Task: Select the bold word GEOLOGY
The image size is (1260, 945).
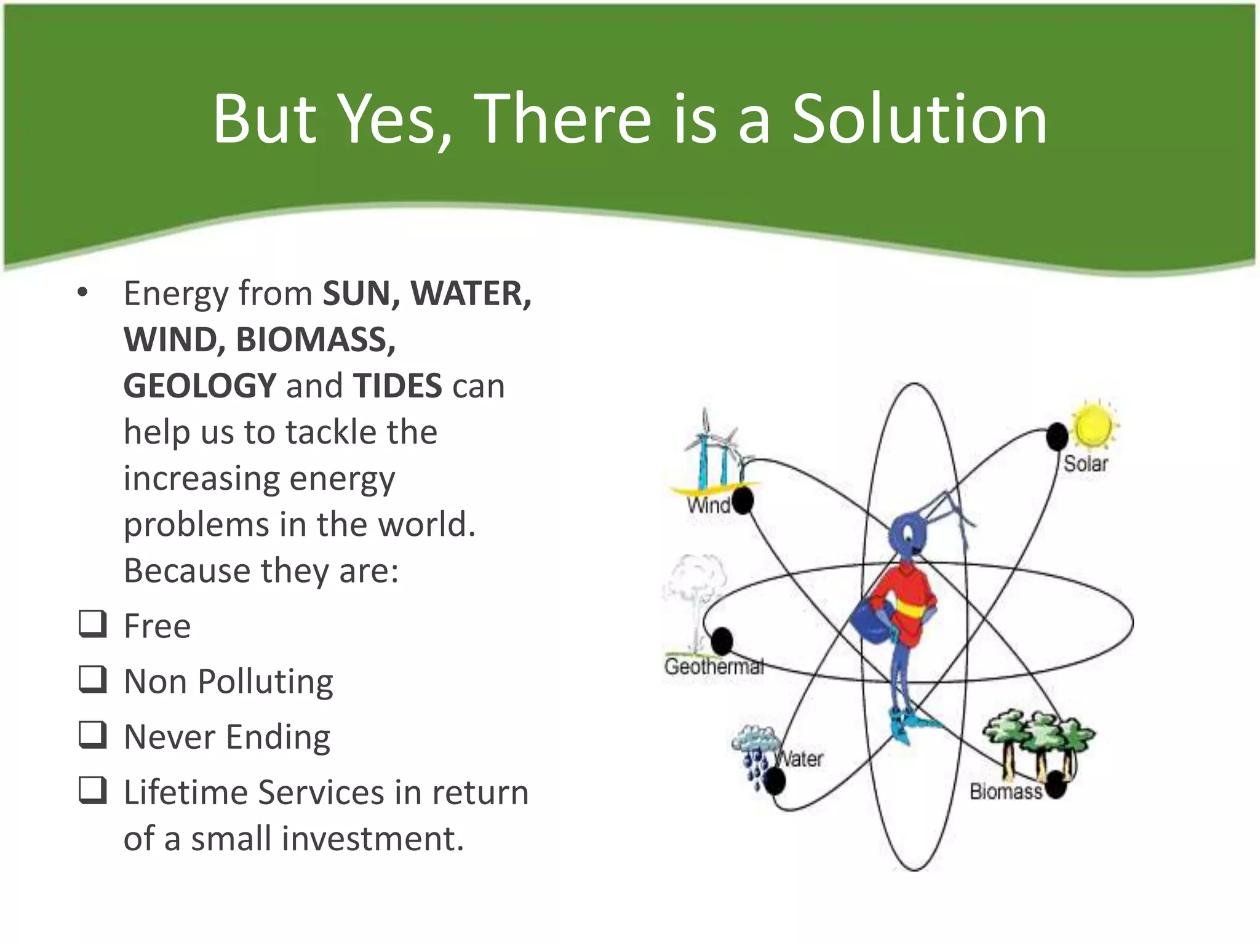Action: click(200, 386)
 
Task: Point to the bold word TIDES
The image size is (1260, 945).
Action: click(397, 386)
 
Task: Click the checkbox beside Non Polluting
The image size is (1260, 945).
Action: click(93, 679)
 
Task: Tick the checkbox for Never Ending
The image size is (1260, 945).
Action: click(93, 735)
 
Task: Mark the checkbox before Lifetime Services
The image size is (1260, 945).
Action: click(93, 790)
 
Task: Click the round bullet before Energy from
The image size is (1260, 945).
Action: click(82, 293)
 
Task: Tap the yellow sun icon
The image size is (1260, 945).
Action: click(1093, 425)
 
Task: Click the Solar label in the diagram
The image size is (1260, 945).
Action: click(1085, 464)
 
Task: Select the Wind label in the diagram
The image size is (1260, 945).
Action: click(708, 506)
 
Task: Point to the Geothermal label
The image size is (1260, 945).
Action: click(714, 666)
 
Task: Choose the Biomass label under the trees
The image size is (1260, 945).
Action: click(1006, 791)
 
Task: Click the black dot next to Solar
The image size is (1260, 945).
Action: click(1057, 437)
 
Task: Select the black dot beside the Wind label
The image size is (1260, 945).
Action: click(743, 500)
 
